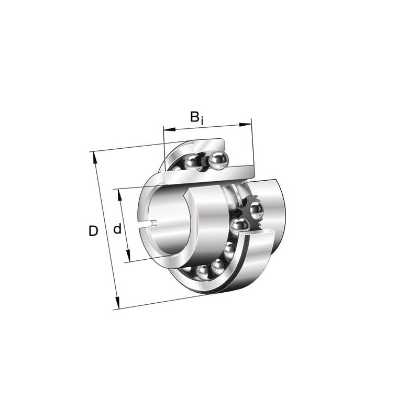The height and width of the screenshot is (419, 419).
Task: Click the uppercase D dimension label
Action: pos(93,231)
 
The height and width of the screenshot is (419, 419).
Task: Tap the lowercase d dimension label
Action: pos(117,228)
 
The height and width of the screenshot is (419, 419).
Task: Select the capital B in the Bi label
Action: pos(195,116)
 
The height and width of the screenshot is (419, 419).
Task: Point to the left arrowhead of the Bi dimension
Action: pos(169,129)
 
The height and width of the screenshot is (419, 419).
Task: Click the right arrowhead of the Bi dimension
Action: pos(245,124)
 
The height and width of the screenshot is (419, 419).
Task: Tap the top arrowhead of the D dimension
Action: pos(94,158)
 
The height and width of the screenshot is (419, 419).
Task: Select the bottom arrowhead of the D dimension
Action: pos(117,303)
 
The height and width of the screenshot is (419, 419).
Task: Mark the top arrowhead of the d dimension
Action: pos(119,195)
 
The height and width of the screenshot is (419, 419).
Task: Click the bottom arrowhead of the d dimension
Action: pos(128,256)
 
